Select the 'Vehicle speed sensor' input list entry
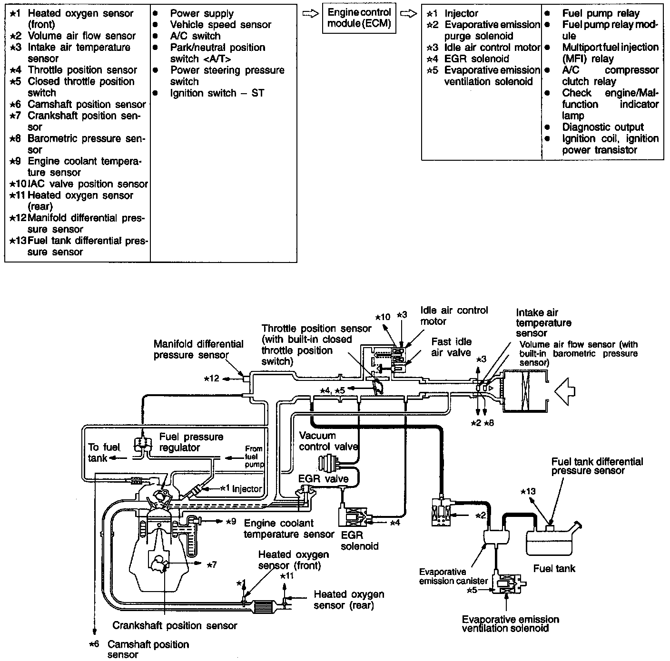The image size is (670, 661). pos(220,25)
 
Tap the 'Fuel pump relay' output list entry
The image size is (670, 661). pos(601,13)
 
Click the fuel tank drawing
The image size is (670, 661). pos(552,541)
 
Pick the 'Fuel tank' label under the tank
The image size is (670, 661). pos(554,568)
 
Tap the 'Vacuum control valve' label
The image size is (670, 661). pos(328,441)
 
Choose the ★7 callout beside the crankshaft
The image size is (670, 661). pos(212,564)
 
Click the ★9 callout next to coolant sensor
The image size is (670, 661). pos(230,521)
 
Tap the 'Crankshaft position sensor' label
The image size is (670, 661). pos(175,625)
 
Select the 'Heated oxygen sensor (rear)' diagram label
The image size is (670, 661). pos(349,600)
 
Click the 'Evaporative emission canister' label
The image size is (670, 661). pos(453,576)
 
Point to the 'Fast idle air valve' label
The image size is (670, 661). pos(451,347)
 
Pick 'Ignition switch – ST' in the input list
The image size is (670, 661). pos(217,93)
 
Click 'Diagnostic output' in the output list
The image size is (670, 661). pos(602,127)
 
